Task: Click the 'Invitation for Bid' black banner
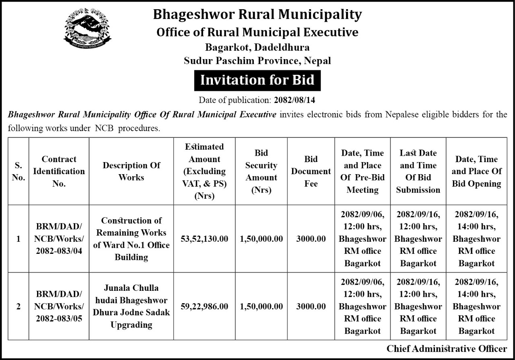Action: [257, 80]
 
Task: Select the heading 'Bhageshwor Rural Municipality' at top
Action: [257, 15]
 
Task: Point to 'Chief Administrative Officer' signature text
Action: [447, 348]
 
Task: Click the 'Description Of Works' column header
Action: [131, 171]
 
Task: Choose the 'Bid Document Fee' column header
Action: [311, 171]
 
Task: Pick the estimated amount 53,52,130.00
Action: [204, 239]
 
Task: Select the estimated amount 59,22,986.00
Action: [204, 306]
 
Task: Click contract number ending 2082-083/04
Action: [58, 239]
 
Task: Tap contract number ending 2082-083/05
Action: [58, 306]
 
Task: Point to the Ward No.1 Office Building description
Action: [131, 239]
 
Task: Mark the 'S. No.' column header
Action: [19, 171]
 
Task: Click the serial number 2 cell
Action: [19, 306]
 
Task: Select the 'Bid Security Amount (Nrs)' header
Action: [261, 171]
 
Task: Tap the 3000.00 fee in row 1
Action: [311, 239]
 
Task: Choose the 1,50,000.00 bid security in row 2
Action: [261, 306]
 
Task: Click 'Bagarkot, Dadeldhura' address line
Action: [257, 47]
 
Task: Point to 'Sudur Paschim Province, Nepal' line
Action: [257, 61]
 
